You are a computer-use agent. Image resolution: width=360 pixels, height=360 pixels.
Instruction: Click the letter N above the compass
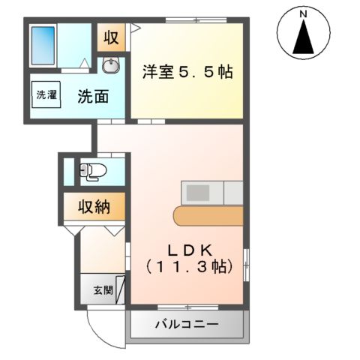[x=304, y=13]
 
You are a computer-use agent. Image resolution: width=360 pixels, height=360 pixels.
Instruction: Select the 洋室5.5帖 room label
[x=187, y=73]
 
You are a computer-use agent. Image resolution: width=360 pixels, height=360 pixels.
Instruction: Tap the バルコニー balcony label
[x=187, y=325]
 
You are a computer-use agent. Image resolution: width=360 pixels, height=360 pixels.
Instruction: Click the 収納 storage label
[x=94, y=207]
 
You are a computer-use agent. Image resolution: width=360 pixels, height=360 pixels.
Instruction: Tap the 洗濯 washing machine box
[x=46, y=95]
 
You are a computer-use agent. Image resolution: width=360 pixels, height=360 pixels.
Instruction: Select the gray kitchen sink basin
[x=199, y=193]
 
